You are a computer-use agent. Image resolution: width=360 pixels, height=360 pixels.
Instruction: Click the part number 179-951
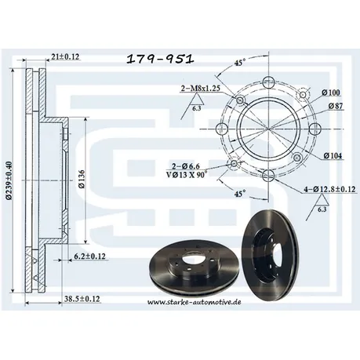click(x=160, y=59)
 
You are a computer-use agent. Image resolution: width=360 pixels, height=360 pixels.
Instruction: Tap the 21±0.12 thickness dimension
click(x=65, y=56)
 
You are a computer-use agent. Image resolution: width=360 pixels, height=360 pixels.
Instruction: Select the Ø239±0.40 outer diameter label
click(x=9, y=180)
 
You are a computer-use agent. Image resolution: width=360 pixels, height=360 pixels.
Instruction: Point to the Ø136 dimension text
click(x=82, y=179)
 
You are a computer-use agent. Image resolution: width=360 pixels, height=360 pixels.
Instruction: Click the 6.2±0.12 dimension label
click(x=89, y=256)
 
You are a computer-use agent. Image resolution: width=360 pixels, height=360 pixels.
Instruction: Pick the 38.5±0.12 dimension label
click(x=82, y=299)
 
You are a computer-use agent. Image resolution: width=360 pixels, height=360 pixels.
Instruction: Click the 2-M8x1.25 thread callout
click(x=201, y=89)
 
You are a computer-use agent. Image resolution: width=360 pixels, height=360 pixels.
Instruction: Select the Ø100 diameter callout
click(x=331, y=93)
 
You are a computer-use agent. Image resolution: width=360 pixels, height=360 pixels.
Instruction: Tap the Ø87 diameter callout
click(x=336, y=106)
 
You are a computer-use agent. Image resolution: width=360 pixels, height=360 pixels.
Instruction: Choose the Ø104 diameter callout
click(x=333, y=156)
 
